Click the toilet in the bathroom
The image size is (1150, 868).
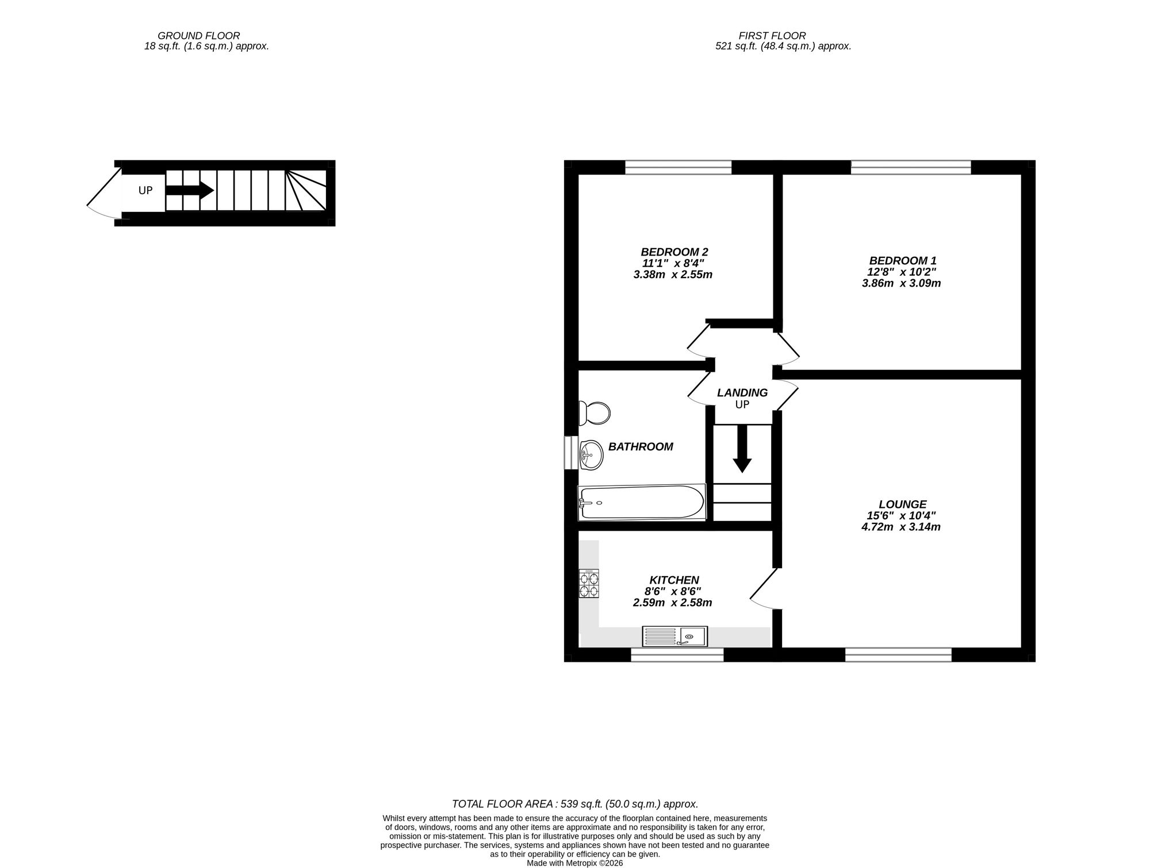click(x=595, y=412)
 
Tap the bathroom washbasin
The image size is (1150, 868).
click(x=591, y=454)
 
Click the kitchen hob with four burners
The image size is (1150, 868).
click(x=589, y=584)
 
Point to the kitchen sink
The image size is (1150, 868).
click(x=675, y=636)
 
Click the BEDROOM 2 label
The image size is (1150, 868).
click(x=674, y=252)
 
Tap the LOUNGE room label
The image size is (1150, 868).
click(x=902, y=504)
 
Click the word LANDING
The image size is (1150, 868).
click(x=742, y=393)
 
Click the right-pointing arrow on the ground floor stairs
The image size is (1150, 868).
click(x=190, y=190)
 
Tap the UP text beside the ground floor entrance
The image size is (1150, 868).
click(x=145, y=190)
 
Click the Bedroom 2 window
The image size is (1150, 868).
click(x=678, y=167)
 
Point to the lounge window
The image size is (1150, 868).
click(x=898, y=654)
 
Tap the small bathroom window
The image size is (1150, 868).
click(x=571, y=453)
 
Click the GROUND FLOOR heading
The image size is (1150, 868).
click(x=198, y=36)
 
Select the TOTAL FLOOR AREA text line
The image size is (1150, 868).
click(x=575, y=804)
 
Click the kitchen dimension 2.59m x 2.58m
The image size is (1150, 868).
click(x=672, y=603)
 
